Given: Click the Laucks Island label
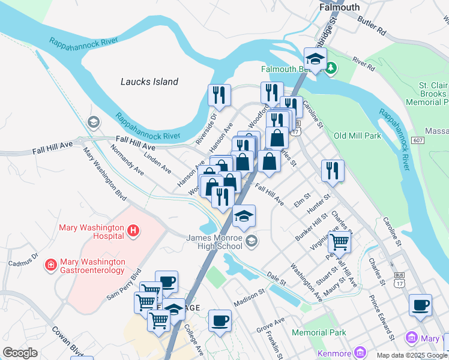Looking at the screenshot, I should pyautogui.click(x=149, y=82).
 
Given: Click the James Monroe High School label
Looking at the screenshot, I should pyautogui.click(x=214, y=242).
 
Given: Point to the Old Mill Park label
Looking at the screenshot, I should pyautogui.click(x=357, y=136).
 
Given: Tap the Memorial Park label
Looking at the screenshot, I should pyautogui.click(x=319, y=332).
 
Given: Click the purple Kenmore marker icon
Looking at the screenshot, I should pyautogui.click(x=360, y=351).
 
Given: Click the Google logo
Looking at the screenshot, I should pyautogui.click(x=20, y=353).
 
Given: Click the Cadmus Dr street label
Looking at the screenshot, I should pyautogui.click(x=23, y=260).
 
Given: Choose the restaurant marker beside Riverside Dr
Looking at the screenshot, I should pyautogui.click(x=219, y=95).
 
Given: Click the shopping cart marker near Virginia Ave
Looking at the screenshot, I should pyautogui.click(x=339, y=242).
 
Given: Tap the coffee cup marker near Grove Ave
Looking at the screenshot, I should pyautogui.click(x=220, y=320).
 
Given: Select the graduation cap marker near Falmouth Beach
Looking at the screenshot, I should pyautogui.click(x=315, y=59).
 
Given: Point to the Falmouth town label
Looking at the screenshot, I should pyautogui.click(x=340, y=7).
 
